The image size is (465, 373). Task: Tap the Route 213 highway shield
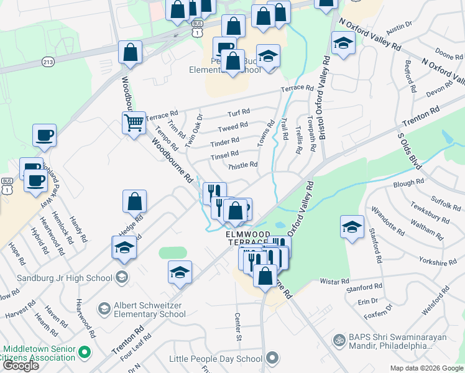pyautogui.click(x=48, y=62)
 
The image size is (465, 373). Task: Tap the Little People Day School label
pyautogui.click(x=216, y=359)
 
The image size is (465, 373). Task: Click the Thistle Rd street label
pyautogui.click(x=243, y=165)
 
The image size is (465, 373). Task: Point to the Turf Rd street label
pyautogui.click(x=238, y=113)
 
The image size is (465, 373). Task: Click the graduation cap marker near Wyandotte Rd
pyautogui.click(x=352, y=228)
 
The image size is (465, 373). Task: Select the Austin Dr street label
pyautogui.click(x=399, y=27)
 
